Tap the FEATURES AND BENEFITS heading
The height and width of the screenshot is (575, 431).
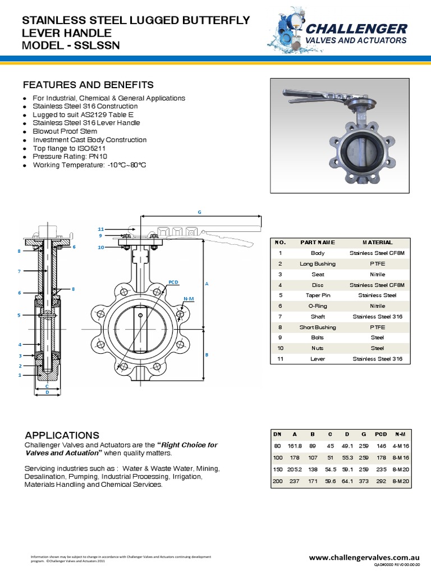tap(88, 85)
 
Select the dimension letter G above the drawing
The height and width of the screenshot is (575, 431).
tap(199, 212)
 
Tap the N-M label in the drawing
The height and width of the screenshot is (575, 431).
tap(188, 299)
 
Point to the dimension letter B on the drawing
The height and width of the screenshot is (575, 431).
tap(207, 355)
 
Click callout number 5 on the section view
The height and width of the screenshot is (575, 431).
tap(19, 316)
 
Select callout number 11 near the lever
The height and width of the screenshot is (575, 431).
tap(101, 229)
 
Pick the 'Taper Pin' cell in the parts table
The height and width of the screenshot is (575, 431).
tap(318, 295)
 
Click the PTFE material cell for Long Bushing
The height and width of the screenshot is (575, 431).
tap(377, 264)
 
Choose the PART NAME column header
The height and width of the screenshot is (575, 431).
tap(318, 243)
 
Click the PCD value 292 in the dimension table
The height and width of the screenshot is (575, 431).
tap(380, 481)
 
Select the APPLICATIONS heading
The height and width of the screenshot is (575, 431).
tap(62, 435)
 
